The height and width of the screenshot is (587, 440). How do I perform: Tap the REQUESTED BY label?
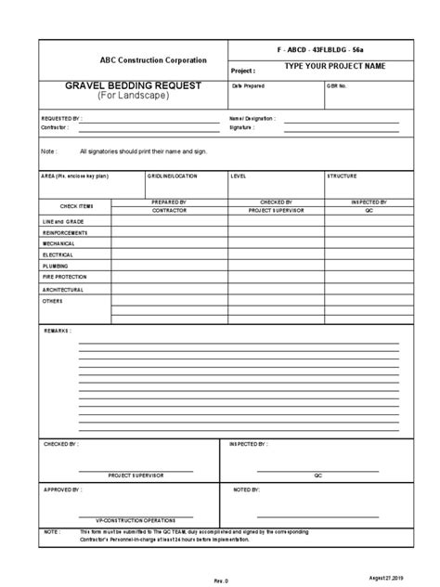(x=61, y=119)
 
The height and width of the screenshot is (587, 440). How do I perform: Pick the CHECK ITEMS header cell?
(x=77, y=206)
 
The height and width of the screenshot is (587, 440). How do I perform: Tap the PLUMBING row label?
(x=55, y=266)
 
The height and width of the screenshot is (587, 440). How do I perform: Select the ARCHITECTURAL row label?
(x=62, y=289)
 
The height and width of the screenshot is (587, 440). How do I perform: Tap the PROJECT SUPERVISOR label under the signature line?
(x=136, y=475)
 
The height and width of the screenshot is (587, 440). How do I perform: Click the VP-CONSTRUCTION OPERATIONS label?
(x=136, y=519)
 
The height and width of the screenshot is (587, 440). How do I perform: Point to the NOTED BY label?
(x=247, y=489)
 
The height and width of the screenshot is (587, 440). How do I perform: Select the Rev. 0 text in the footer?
(x=221, y=580)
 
